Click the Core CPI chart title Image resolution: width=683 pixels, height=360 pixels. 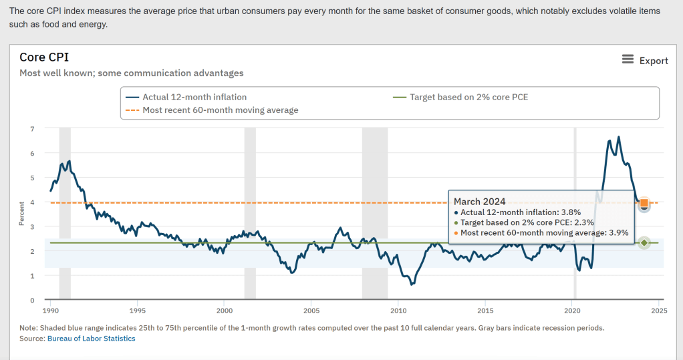44,57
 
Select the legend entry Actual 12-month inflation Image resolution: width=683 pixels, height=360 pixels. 194,97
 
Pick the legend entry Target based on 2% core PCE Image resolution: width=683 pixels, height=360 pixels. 468,97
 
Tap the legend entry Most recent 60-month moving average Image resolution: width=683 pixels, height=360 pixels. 220,110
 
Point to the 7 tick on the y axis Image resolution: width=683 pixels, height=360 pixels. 31,128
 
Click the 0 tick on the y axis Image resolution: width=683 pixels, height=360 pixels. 31,300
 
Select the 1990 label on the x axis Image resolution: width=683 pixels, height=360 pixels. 51,311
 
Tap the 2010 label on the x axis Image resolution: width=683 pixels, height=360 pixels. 398,311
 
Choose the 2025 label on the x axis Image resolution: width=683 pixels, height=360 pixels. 659,311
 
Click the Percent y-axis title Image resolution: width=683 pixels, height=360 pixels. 21,214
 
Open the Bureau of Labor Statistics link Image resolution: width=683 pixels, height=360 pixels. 91,339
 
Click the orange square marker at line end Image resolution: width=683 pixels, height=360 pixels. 644,203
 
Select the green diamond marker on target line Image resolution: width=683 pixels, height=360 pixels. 644,242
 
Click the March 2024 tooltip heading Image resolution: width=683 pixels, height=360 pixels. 479,201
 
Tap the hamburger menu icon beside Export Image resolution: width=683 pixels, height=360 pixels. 628,59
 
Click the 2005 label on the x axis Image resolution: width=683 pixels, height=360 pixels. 311,311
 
